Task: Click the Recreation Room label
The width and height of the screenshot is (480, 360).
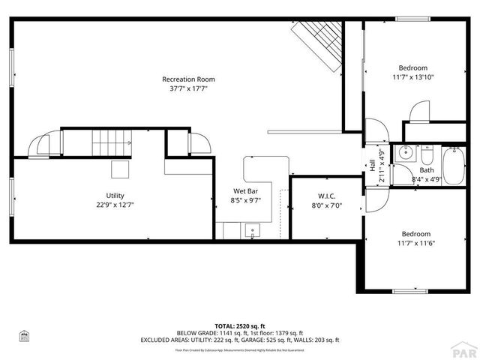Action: tap(188, 79)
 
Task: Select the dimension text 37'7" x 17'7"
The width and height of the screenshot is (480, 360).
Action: tap(188, 88)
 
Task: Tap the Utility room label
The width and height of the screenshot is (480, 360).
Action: tap(115, 195)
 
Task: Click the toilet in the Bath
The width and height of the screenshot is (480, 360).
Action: tap(427, 156)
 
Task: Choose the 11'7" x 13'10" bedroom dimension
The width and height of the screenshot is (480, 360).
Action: tap(413, 76)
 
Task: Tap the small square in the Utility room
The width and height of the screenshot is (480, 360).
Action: tap(121, 169)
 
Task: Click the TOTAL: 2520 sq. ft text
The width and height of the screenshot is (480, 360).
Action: tap(239, 325)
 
